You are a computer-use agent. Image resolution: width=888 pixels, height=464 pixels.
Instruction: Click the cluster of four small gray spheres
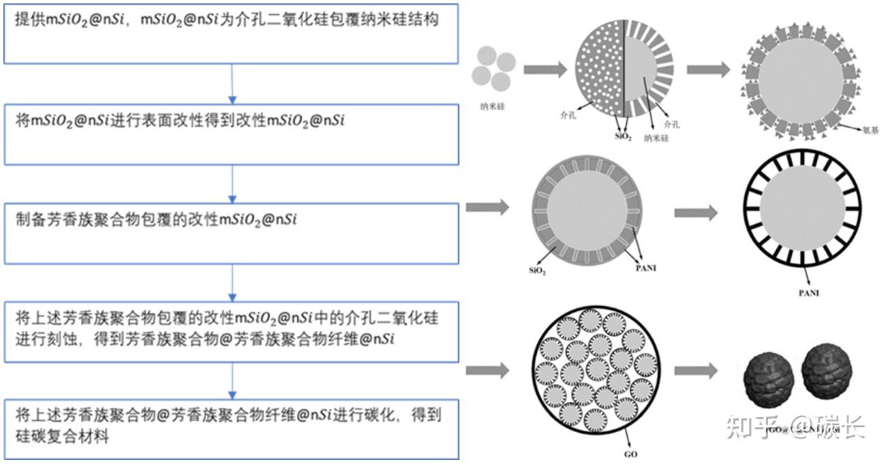click(x=493, y=68)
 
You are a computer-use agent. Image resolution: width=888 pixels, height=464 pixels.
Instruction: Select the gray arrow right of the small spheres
click(x=545, y=69)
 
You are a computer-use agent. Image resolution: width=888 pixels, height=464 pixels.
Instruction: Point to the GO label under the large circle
click(x=630, y=454)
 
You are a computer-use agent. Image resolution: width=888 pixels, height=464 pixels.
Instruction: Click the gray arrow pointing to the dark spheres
click(x=696, y=371)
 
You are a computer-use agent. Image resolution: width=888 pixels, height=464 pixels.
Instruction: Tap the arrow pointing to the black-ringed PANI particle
click(x=696, y=213)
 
